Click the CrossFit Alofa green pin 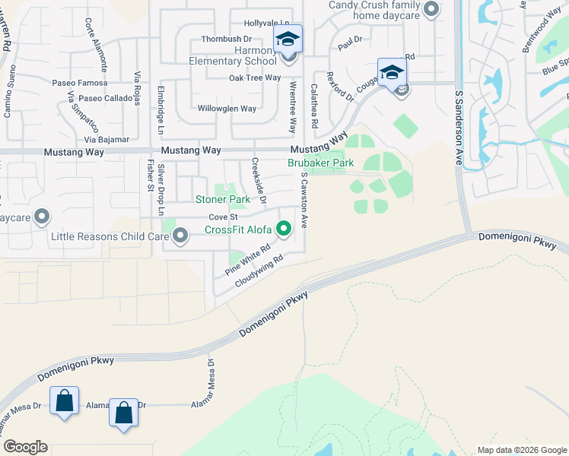pyautogui.click(x=284, y=228)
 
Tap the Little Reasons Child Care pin pyautogui.click(x=180, y=237)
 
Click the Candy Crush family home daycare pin pyautogui.click(x=431, y=10)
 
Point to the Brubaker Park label pyautogui.click(x=320, y=163)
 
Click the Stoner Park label pyautogui.click(x=223, y=200)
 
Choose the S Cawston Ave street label pyautogui.click(x=304, y=200)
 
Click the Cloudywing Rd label pyautogui.click(x=259, y=271)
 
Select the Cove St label pyautogui.click(x=224, y=217)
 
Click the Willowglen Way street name pyautogui.click(x=227, y=109)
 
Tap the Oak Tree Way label pyautogui.click(x=255, y=78)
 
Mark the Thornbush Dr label pyautogui.click(x=226, y=39)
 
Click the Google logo pyautogui.click(x=25, y=447)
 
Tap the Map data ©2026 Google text pyautogui.click(x=521, y=450)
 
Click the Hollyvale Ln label pyautogui.click(x=267, y=24)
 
